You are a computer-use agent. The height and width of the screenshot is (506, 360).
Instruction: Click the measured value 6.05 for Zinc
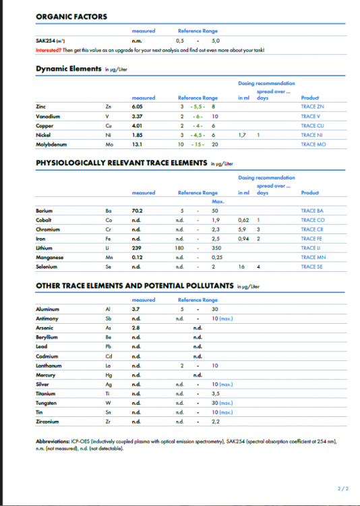(137, 107)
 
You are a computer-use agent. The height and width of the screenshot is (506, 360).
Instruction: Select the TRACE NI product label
(312, 135)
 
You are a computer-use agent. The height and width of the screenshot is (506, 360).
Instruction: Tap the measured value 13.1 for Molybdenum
(136, 144)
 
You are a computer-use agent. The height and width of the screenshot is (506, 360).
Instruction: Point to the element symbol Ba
(109, 210)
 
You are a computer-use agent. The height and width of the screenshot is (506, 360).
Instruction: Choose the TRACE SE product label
(312, 267)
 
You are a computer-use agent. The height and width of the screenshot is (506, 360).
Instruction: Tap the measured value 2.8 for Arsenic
(136, 327)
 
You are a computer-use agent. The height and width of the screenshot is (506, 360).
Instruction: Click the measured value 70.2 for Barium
(137, 210)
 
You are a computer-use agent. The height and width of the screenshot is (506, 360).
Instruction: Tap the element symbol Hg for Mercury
(109, 374)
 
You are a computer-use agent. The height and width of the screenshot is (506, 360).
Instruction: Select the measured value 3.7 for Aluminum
(136, 308)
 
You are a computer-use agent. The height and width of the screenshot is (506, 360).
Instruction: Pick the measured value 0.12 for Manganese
(137, 258)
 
